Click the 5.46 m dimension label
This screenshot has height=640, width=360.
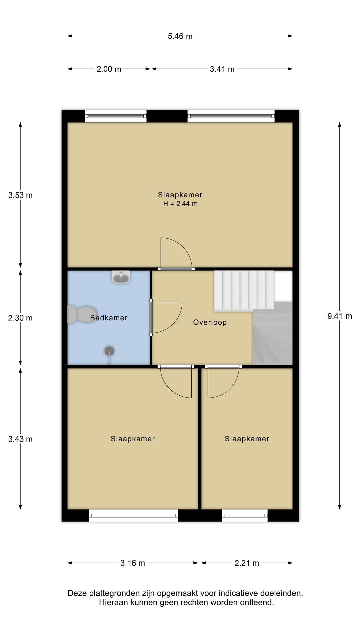point(180,36)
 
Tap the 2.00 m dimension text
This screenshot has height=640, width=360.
point(109,69)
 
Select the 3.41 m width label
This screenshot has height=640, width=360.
point(222,69)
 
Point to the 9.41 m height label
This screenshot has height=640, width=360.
point(340,316)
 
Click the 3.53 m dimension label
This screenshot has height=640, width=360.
point(20,195)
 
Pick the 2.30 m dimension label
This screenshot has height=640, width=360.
point(20,318)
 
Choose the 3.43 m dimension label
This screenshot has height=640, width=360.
point(20,439)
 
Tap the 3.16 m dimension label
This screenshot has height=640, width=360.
point(133,563)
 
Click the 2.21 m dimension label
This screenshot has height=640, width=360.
point(247,563)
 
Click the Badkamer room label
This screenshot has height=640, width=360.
point(109,318)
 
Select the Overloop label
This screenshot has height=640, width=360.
point(210,322)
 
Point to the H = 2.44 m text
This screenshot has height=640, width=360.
point(180,204)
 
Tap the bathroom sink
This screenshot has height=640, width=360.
point(121,277)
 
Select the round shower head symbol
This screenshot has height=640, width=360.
point(109,351)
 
